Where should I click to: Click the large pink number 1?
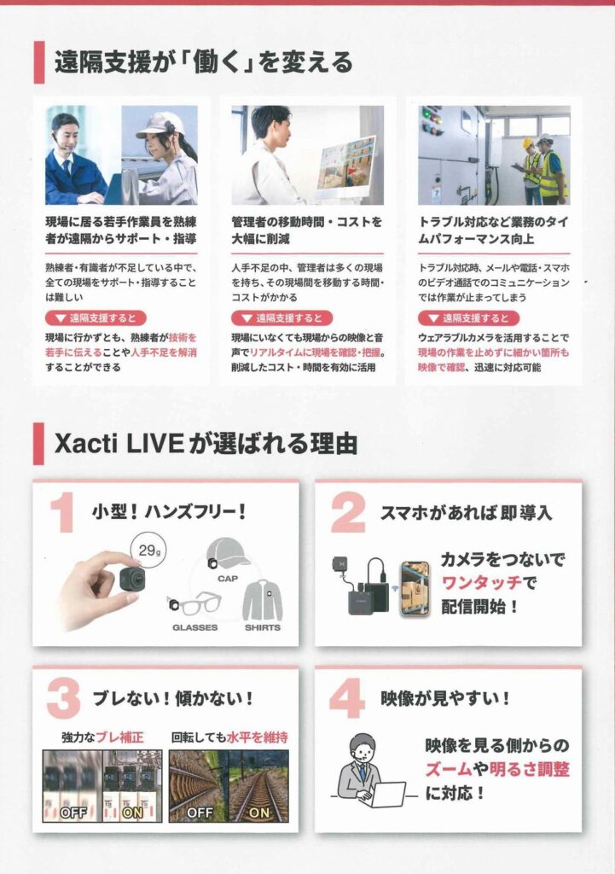pos(62,513)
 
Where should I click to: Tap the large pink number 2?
pos(348,513)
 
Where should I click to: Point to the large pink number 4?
pos(347,698)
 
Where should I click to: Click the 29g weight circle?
pos(148,551)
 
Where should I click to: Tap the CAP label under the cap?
pos(227,579)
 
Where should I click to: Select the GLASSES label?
pos(195,627)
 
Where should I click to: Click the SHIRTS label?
pos(263,627)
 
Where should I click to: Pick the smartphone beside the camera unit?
pos(415,589)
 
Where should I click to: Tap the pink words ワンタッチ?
pos(482,583)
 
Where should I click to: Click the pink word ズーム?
pos(449,769)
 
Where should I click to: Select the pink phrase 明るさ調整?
pos(529,769)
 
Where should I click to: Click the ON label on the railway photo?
pos(259,813)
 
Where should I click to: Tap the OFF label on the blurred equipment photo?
pos(73,813)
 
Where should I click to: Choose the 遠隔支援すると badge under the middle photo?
pos(281,318)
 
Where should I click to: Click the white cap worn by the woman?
pos(159,125)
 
